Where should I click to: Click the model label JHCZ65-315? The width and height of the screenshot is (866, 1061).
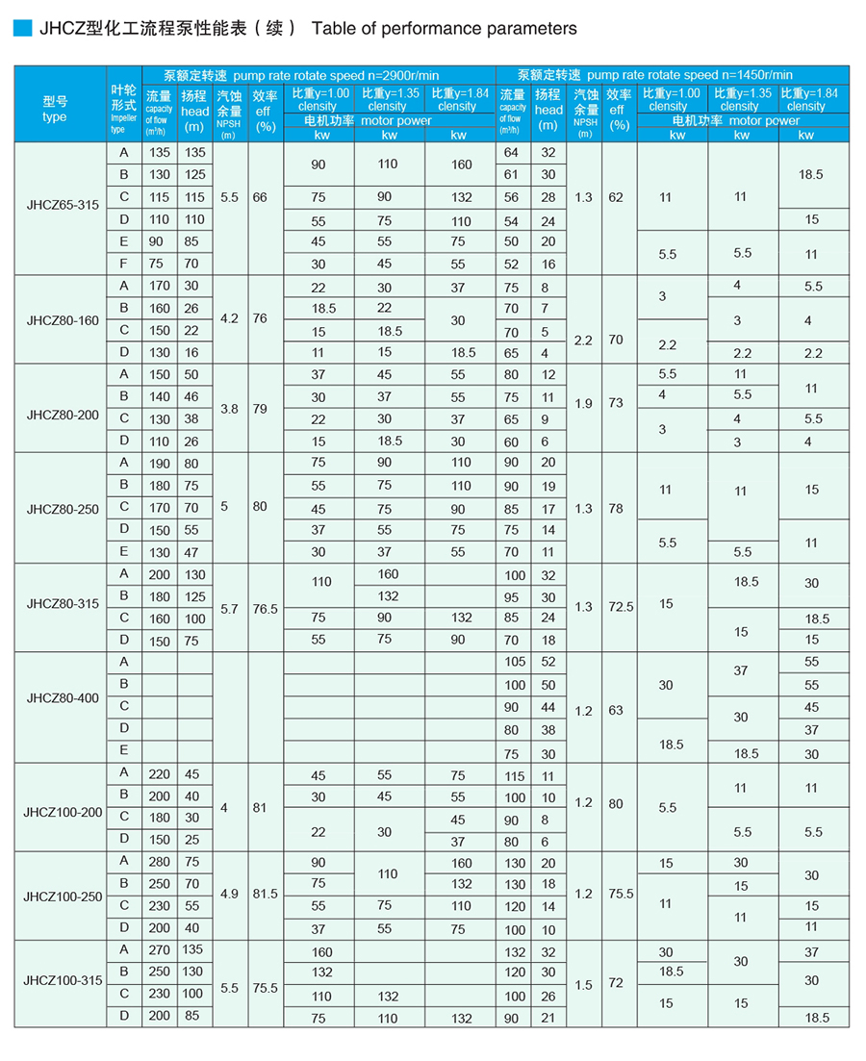[x=63, y=205]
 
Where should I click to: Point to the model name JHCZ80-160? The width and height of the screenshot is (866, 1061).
[x=63, y=319]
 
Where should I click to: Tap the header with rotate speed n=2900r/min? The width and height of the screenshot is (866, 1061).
[x=318, y=74]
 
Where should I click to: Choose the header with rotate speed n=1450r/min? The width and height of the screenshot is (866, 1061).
[x=672, y=74]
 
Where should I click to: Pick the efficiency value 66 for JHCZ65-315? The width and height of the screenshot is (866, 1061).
[x=260, y=197]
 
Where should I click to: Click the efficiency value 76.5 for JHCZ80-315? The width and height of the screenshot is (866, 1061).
[x=265, y=609]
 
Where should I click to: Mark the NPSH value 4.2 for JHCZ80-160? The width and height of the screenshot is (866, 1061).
[x=228, y=317]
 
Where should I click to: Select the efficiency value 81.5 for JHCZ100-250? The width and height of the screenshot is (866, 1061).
[x=265, y=894]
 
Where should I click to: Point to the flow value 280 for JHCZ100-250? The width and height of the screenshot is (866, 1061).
[x=159, y=862]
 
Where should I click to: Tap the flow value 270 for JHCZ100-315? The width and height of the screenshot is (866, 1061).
[x=159, y=950]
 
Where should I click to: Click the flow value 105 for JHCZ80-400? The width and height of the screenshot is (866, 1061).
[x=515, y=662]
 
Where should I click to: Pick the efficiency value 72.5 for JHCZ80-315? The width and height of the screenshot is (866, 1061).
[x=621, y=607]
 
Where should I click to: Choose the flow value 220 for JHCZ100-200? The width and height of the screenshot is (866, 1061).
[x=159, y=774]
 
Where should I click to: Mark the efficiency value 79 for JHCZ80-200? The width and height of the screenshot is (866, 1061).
[x=260, y=409]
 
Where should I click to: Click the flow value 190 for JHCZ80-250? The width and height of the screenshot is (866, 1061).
[x=159, y=463]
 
